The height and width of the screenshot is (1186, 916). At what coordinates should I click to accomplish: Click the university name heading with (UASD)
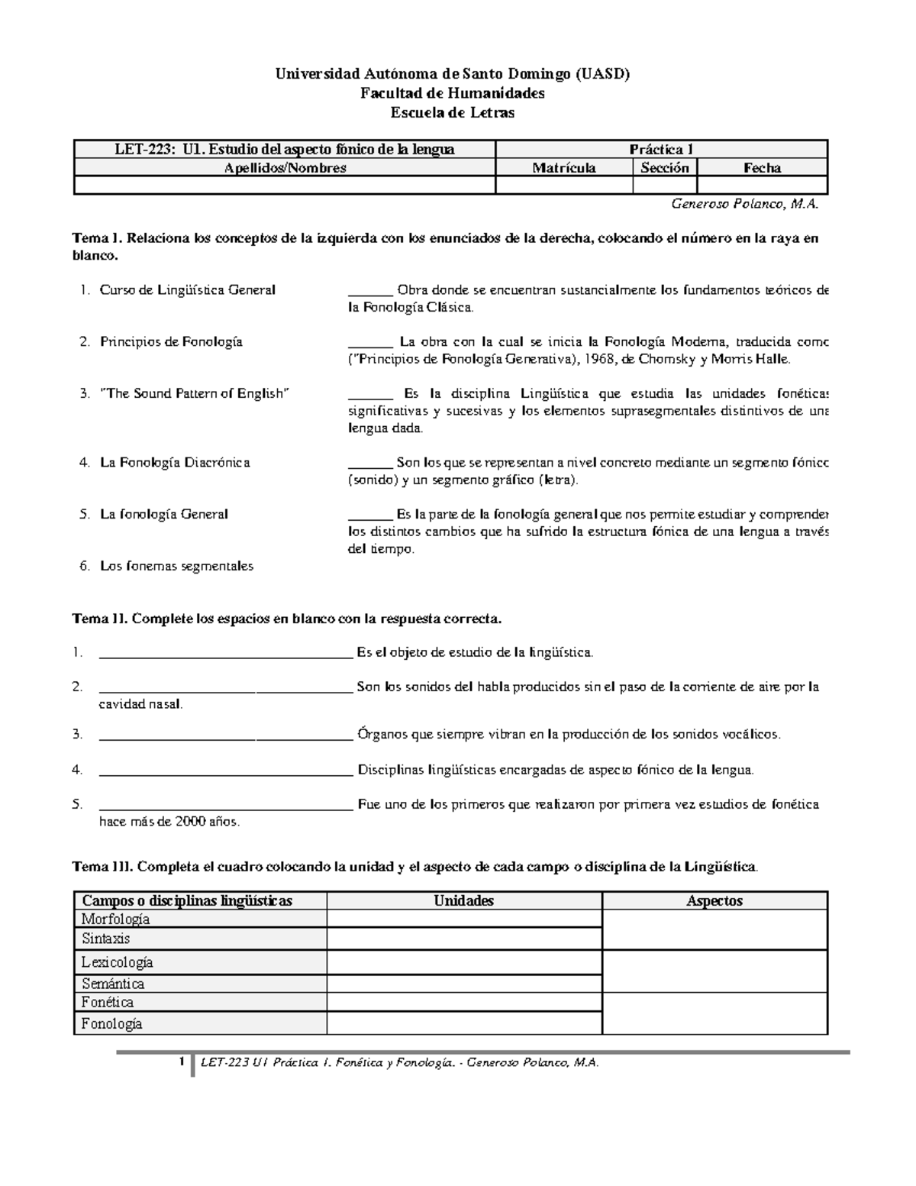coord(452,74)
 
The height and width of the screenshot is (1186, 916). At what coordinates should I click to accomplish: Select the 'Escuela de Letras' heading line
coord(452,113)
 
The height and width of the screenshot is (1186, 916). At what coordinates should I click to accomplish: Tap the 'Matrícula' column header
coord(564,168)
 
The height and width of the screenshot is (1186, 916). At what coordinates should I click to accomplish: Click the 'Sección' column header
coord(665,168)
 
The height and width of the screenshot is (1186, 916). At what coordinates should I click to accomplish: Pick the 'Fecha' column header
coord(762,168)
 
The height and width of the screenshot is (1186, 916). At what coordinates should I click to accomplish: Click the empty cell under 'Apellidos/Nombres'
coord(285,185)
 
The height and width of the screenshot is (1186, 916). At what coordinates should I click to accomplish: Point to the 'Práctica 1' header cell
coord(661,150)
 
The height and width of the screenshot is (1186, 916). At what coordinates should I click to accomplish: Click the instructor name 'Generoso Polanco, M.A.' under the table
coord(743,204)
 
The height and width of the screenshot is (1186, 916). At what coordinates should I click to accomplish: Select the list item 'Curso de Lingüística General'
coord(188,290)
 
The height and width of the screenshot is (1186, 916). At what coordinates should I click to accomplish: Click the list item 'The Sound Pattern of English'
coord(195,394)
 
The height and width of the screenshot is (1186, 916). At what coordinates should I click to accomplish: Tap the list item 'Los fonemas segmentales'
coord(176,566)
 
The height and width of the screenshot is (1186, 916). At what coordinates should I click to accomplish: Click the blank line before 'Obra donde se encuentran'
coord(370,291)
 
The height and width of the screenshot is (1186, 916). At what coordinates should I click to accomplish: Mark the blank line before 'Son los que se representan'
coord(370,464)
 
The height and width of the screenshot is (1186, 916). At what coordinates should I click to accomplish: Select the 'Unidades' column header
coord(464,901)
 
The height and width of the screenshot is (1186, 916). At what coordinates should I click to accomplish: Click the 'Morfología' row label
coord(116,919)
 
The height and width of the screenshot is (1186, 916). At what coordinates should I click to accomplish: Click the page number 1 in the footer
coord(182,1062)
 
